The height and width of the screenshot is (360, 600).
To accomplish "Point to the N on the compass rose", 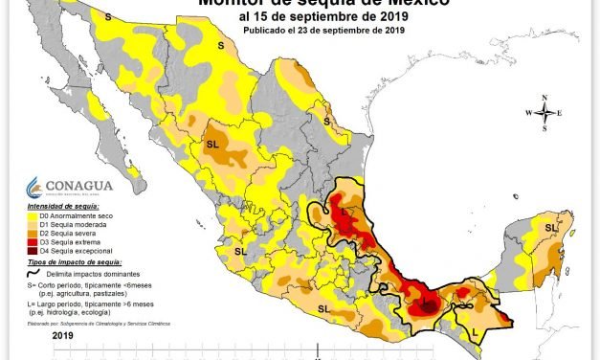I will click(544, 98).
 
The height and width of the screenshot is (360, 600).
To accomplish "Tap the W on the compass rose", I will click(527, 114).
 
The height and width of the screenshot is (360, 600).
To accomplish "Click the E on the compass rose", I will click(561, 114).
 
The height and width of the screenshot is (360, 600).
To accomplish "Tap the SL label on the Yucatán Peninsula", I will click(550, 228).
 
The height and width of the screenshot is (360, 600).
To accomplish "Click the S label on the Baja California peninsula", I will click(107, 17).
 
